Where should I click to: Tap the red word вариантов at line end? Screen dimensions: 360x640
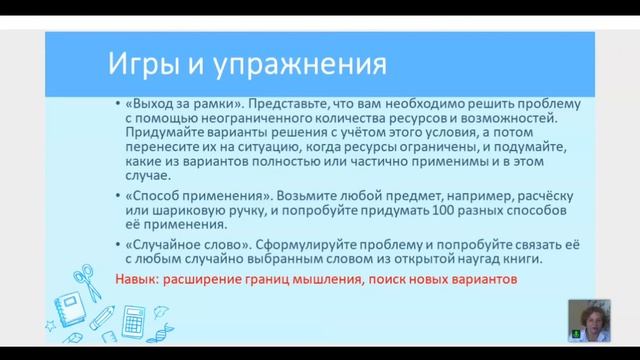click(x=484, y=280)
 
